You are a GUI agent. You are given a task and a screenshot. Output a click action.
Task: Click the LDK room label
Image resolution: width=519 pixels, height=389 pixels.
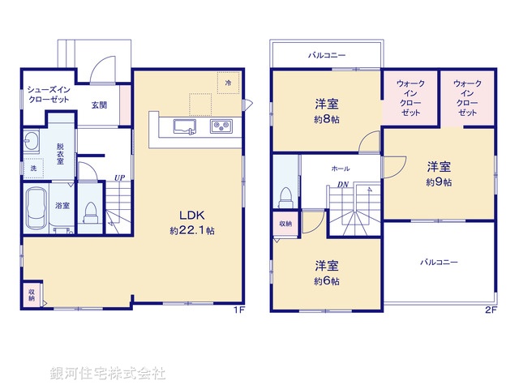coord(192,215)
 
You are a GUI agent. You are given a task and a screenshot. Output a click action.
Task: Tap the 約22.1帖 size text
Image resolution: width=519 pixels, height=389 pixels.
coord(192,231)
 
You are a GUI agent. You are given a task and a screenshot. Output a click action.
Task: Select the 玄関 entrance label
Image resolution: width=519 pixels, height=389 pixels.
coord(99,105)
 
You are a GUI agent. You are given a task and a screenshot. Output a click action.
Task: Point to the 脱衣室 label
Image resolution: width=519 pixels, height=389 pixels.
coord(61,154)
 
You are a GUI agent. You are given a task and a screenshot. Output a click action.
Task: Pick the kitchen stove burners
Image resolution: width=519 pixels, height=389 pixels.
coord(221,126)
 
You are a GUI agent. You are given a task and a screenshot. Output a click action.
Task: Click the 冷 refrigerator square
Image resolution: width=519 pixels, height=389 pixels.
coord(229,83)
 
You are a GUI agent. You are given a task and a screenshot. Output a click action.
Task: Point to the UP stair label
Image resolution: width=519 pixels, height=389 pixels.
coord(119,177)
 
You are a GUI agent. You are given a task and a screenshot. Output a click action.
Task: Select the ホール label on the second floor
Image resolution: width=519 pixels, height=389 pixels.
coord(341,168)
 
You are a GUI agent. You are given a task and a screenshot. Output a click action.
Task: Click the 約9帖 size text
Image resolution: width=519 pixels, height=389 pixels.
coord(439,182)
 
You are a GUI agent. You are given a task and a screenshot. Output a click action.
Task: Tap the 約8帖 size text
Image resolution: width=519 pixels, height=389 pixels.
coord(327,119)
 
